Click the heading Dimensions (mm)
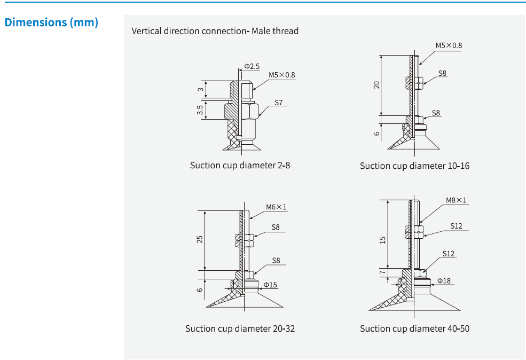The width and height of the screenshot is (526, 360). pyautogui.click(x=51, y=22)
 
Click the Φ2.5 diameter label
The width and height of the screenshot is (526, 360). pyautogui.click(x=252, y=66)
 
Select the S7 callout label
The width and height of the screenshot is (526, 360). pyautogui.click(x=279, y=102)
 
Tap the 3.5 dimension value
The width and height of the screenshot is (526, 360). pyautogui.click(x=200, y=110)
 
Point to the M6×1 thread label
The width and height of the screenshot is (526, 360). pyautogui.click(x=277, y=207)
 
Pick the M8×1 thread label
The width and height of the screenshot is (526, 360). pyautogui.click(x=456, y=200)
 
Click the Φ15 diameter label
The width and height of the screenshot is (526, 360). pyautogui.click(x=270, y=285)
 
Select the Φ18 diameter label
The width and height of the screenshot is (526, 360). pyautogui.click(x=444, y=280)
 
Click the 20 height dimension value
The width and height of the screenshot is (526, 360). pyautogui.click(x=376, y=84)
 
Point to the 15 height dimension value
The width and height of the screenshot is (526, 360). pyautogui.click(x=382, y=240)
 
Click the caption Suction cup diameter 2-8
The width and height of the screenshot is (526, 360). pyautogui.click(x=240, y=165)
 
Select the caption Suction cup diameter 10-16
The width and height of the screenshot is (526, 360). pyautogui.click(x=414, y=166)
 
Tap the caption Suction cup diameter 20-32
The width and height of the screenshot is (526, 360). pyautogui.click(x=240, y=328)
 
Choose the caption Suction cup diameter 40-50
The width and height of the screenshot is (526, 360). pyautogui.click(x=414, y=328)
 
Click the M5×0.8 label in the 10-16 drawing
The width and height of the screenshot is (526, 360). pyautogui.click(x=449, y=45)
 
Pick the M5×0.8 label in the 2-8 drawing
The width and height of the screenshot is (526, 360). pyautogui.click(x=281, y=75)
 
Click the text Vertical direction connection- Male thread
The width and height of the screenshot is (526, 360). pyautogui.click(x=215, y=31)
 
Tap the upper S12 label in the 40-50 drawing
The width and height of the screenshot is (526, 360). pyautogui.click(x=456, y=226)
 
